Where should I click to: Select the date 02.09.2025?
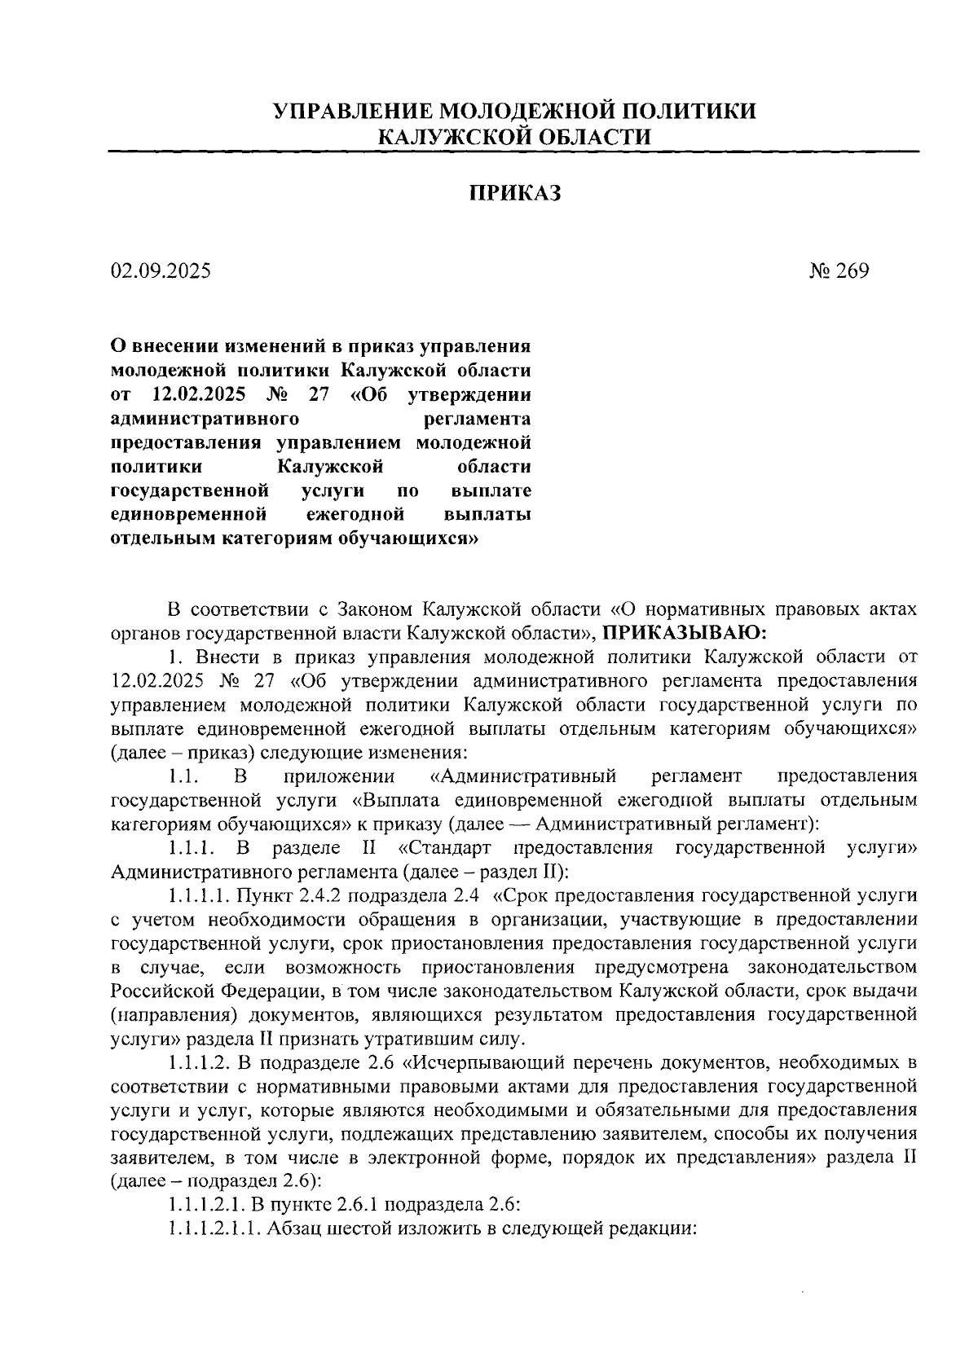point(161,270)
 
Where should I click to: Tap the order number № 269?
point(839,270)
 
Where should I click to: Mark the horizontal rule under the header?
point(514,151)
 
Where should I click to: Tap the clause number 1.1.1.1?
point(199,896)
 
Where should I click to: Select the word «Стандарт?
point(445,848)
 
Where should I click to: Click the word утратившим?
point(439,1039)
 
